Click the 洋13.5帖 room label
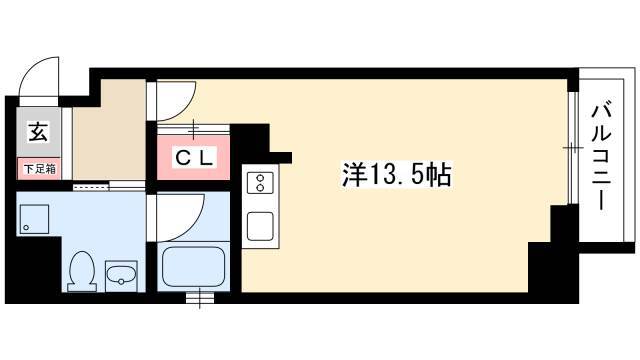tap(396, 175)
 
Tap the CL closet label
tap(194, 158)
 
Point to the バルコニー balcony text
tap(601, 158)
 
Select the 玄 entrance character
tap(38, 132)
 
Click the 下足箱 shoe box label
tap(39, 169)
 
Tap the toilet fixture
tap(82, 271)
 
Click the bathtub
tap(193, 267)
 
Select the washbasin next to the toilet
tap(121, 276)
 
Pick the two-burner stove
tap(260, 182)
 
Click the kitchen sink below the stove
tap(260, 226)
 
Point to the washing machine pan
tap(34, 219)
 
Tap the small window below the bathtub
tap(200, 298)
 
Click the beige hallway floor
tap(109, 130)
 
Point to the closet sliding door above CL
tap(193, 129)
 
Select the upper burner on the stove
tap(260, 178)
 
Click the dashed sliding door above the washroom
tap(91, 187)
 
